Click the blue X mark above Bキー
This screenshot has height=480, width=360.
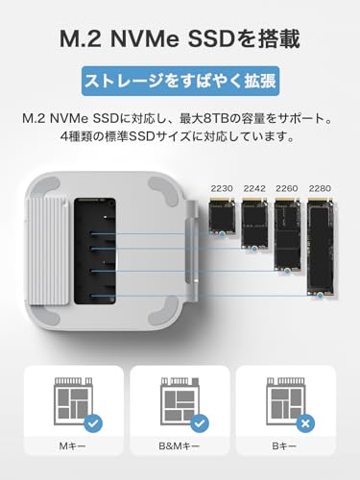[306, 422]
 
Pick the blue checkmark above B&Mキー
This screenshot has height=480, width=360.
[199, 422]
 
